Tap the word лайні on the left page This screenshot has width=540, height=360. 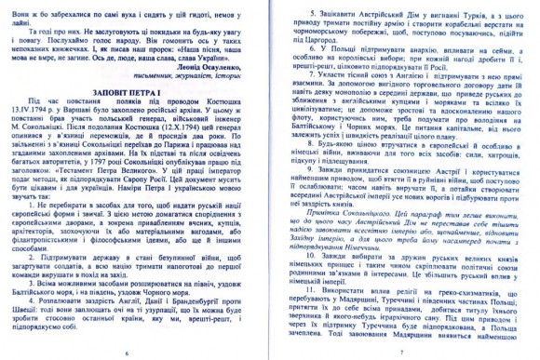35,27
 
